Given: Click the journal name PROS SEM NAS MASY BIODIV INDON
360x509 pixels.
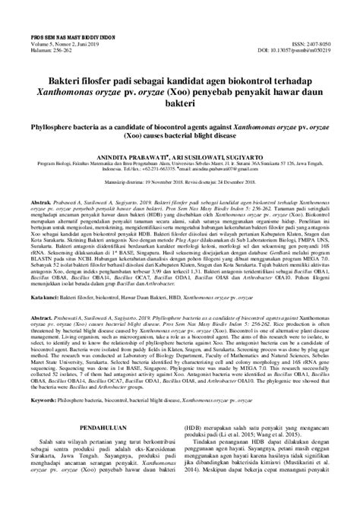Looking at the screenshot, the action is (55, 14).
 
